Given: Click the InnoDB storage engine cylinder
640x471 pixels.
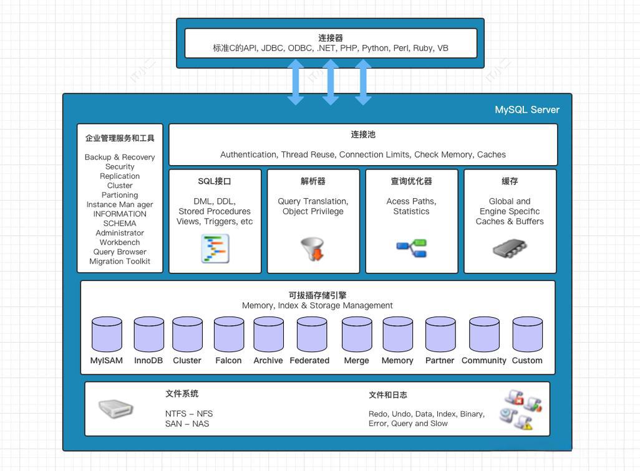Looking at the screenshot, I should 149,335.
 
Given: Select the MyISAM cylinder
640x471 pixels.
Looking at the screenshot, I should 107,335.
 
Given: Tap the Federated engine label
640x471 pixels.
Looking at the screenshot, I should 309,361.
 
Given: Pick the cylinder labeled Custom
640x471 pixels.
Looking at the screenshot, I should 527,335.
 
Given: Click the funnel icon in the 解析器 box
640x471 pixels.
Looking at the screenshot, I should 313,249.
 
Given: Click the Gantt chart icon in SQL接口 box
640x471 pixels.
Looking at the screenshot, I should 215,249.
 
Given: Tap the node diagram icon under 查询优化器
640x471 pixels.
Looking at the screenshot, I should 412,248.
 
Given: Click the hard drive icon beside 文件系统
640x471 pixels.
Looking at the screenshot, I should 116,409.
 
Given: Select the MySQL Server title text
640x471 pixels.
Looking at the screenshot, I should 527,110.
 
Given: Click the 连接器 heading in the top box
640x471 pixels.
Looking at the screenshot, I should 331,38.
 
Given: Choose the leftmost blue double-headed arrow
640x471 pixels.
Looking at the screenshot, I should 296,82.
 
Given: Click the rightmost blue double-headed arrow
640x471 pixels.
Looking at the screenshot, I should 363,82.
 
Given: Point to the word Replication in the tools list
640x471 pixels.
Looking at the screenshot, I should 120,176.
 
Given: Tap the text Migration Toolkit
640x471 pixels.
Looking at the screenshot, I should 120,262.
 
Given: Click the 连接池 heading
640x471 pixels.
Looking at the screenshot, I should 363,135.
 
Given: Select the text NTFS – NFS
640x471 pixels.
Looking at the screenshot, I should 189,414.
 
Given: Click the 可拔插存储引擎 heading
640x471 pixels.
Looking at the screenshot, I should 318,295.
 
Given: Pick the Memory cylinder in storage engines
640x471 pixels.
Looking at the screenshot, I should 397,335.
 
